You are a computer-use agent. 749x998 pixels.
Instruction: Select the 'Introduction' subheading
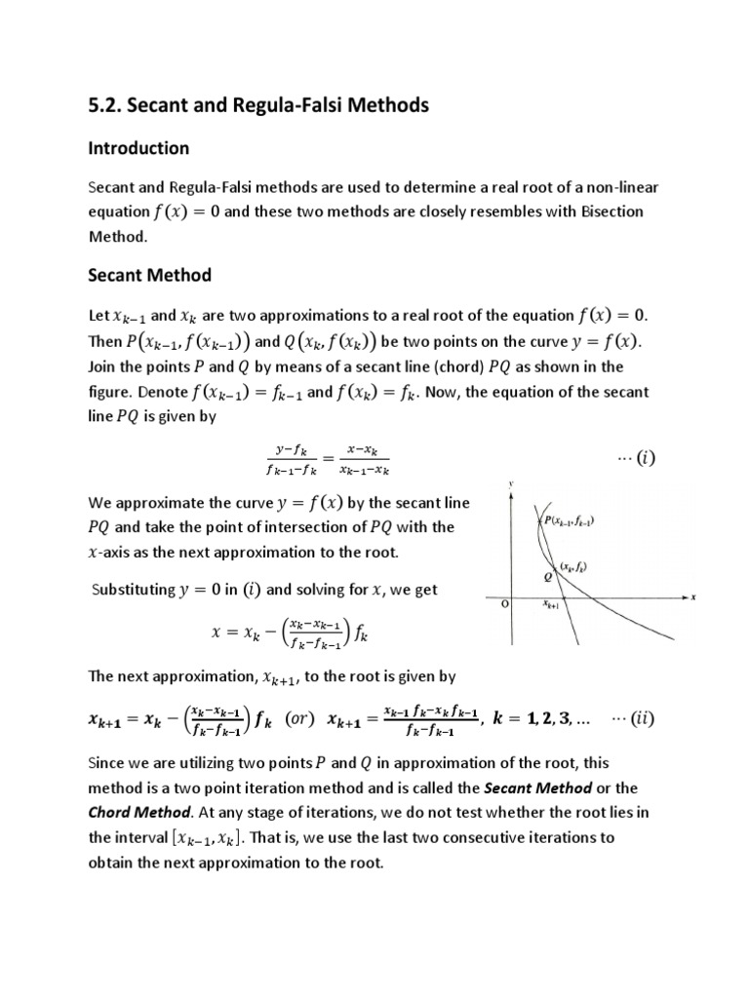[138, 148]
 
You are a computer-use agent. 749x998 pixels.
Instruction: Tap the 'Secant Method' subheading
[149, 275]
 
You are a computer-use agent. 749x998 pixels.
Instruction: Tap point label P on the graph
[548, 521]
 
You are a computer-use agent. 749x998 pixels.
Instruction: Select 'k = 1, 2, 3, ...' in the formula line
[546, 720]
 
